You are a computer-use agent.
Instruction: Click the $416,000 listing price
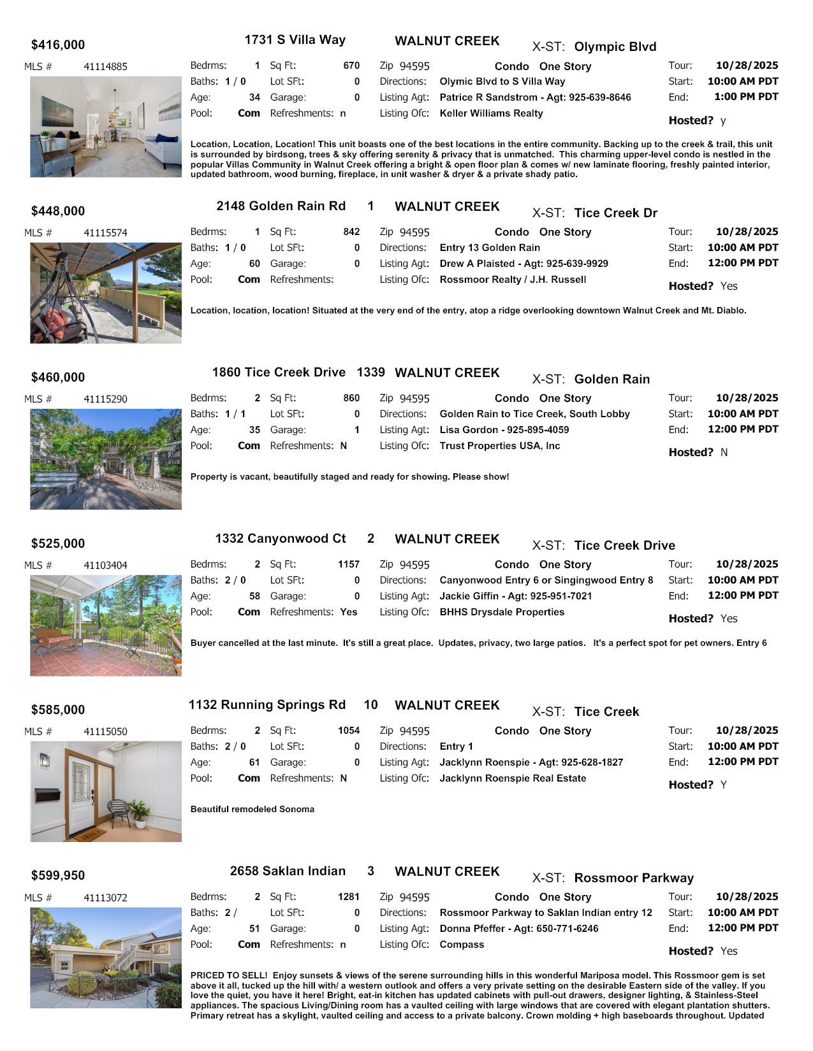click(58, 45)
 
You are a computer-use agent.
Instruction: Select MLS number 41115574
click(105, 233)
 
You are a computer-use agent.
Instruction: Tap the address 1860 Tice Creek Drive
click(279, 372)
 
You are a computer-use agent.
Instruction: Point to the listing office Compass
click(462, 944)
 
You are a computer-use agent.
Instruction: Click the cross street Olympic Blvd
click(615, 46)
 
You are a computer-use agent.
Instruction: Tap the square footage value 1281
click(349, 897)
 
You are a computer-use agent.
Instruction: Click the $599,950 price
click(58, 875)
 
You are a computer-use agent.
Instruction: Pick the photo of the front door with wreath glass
click(106, 791)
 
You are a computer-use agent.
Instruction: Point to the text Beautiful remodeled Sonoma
click(253, 809)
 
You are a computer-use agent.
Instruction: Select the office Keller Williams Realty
click(491, 113)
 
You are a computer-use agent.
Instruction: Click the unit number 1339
click(370, 372)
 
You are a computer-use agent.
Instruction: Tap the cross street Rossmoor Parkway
click(634, 878)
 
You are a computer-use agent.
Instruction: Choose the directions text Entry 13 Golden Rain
click(490, 248)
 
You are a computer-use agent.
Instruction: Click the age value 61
click(254, 762)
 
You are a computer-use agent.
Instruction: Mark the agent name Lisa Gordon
click(469, 430)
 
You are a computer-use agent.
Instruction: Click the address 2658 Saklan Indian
click(288, 871)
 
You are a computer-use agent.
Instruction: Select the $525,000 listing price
click(58, 543)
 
